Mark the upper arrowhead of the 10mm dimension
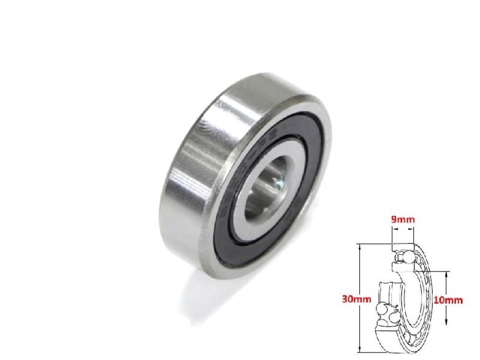[446, 274]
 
